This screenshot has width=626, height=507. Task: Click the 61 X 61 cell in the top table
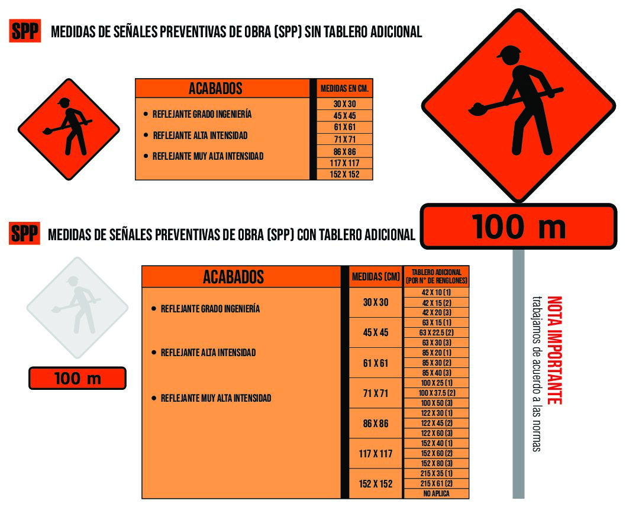coord(344,127)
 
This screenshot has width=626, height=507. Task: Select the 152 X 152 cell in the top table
coord(344,175)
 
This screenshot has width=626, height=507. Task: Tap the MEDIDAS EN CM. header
coord(344,88)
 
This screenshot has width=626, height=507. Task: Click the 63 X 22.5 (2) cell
coord(436,332)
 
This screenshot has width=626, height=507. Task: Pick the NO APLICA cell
coord(436,493)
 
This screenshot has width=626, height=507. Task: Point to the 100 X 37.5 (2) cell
coord(436,393)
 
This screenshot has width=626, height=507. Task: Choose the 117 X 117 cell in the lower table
coord(375,454)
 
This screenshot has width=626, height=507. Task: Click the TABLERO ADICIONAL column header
coord(436,276)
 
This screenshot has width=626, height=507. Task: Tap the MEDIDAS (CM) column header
coord(375,276)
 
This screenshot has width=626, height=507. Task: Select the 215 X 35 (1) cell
coord(436,473)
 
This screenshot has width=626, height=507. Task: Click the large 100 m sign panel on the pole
coord(518,227)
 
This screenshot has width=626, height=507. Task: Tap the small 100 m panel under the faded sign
coord(78,378)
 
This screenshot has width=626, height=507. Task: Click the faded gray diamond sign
coord(78,308)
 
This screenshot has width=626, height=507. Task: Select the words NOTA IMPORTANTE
coord(554,350)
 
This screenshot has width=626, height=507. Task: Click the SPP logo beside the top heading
coord(25,31)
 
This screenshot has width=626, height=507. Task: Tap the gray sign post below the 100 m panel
coord(518,374)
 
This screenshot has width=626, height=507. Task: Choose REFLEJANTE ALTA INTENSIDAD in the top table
coord(201,135)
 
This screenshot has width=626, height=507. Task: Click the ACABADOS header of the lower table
coord(234,277)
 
